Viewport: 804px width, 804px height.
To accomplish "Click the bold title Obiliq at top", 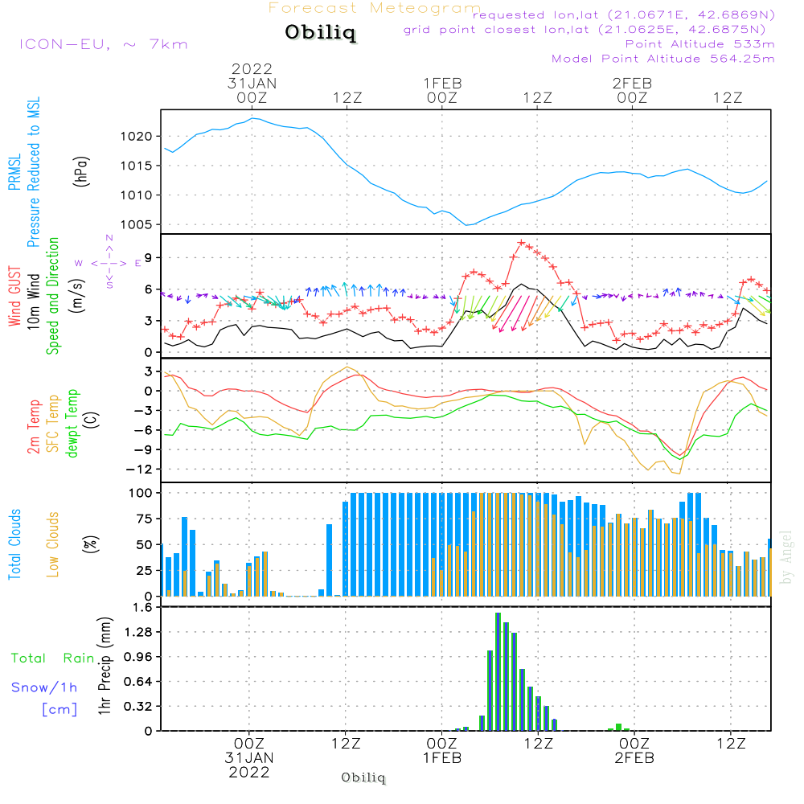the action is [x=321, y=32].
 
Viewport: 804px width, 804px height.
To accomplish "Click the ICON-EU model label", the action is [x=64, y=44].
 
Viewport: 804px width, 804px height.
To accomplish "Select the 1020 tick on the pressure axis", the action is [x=137, y=137].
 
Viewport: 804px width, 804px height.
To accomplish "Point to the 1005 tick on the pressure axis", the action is [x=137, y=224].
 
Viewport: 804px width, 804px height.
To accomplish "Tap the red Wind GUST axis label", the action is [x=14, y=296].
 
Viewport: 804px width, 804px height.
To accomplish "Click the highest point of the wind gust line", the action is [x=522, y=243].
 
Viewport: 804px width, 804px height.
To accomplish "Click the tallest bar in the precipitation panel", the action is [x=498, y=671].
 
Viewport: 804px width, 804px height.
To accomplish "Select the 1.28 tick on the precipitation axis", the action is [x=138, y=632].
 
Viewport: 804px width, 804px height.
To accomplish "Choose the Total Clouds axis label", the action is [x=14, y=544].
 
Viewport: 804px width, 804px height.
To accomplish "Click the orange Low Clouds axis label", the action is [x=53, y=544].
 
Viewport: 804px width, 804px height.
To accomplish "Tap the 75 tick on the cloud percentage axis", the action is [x=144, y=519].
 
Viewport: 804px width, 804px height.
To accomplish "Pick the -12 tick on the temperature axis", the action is [x=139, y=470].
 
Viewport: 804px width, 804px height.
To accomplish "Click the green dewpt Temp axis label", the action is [x=72, y=423].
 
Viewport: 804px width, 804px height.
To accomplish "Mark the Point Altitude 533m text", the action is [x=699, y=44].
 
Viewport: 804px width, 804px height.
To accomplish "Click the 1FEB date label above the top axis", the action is [x=442, y=83].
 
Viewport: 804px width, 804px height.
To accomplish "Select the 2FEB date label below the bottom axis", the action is [x=634, y=758].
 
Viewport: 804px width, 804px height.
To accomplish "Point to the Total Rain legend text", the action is [x=53, y=658].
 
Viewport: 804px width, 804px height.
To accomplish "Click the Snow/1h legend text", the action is [x=44, y=687].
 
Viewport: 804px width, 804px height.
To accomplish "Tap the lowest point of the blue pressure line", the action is [x=466, y=225].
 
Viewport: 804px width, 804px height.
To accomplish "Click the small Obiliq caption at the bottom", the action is [x=363, y=777].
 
